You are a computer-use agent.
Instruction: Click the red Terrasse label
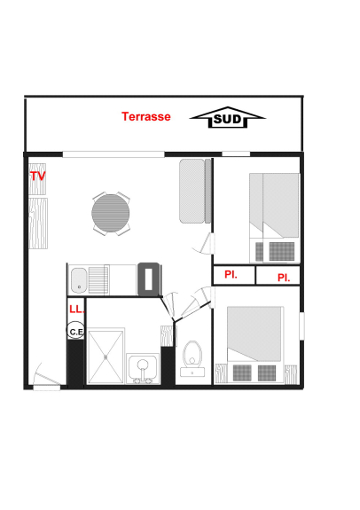tap(146, 116)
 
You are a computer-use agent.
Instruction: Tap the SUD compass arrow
tap(228, 117)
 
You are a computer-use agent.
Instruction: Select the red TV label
tap(38, 176)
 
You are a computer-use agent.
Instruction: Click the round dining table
tap(111, 213)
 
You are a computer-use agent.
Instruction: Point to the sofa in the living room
tap(196, 191)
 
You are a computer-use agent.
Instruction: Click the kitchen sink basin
tap(79, 280)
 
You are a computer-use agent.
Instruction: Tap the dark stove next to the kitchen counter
tap(149, 279)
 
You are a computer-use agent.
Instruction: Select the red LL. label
tap(77, 309)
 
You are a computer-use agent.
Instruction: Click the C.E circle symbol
tap(75, 332)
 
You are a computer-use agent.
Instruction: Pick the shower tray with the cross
tap(106, 357)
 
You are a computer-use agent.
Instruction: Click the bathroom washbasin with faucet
tap(143, 368)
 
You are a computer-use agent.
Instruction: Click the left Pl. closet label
tap(231, 275)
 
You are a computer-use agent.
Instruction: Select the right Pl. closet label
tap(284, 278)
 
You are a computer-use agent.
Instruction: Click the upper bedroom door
tap(207, 243)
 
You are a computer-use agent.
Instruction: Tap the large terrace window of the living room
tap(113, 154)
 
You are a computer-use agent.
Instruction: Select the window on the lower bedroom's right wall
tap(301, 326)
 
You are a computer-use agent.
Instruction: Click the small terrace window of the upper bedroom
tap(236, 153)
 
